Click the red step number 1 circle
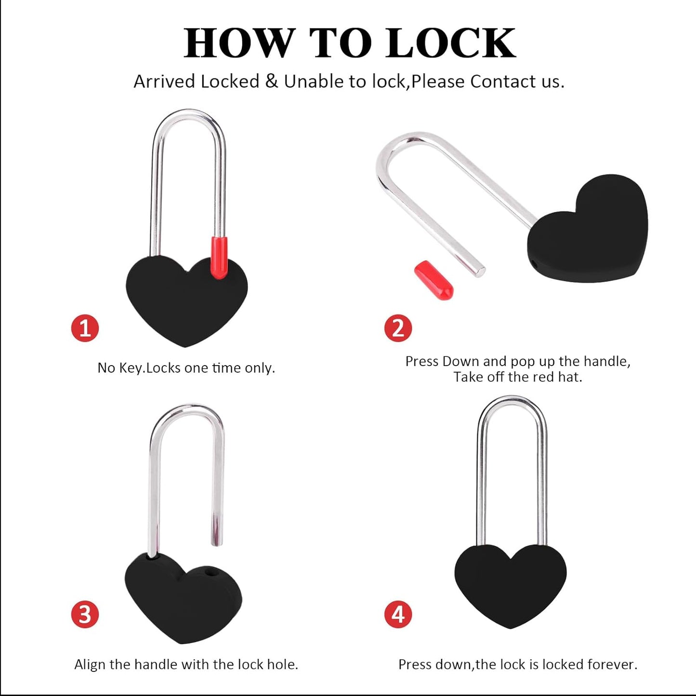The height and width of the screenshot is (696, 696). click(x=85, y=328)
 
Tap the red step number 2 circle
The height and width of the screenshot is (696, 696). click(x=398, y=328)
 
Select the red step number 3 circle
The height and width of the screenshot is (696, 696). click(x=85, y=615)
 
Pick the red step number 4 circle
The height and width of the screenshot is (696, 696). click(x=398, y=615)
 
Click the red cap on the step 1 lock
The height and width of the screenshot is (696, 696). click(x=219, y=258)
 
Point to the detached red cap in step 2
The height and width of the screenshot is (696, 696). click(x=433, y=280)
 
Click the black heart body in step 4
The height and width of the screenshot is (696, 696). click(x=511, y=583)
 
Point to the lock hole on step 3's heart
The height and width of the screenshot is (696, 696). click(x=210, y=572)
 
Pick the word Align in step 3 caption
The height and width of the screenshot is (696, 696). click(x=90, y=664)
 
